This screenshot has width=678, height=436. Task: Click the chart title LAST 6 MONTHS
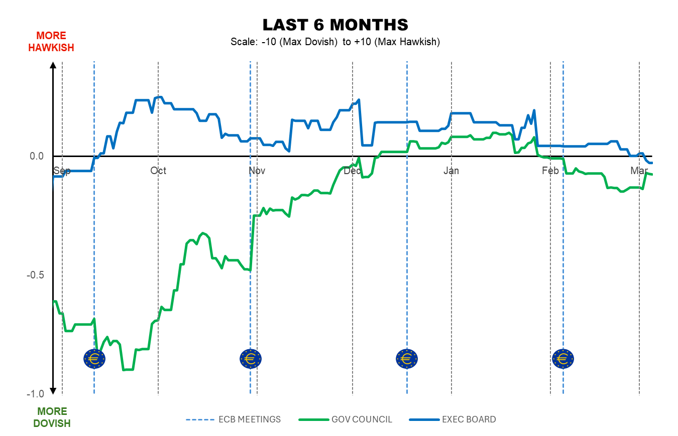click(x=335, y=25)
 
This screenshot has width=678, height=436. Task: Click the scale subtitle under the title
click(x=335, y=42)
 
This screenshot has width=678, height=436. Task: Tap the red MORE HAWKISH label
click(x=51, y=42)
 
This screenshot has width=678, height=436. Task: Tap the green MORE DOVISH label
click(x=52, y=417)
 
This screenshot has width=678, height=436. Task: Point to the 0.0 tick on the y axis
click(x=37, y=157)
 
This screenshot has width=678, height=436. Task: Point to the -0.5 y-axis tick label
click(x=36, y=275)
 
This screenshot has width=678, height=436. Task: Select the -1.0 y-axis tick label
click(x=36, y=394)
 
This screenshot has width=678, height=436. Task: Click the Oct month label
click(x=158, y=171)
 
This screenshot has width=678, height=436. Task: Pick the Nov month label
click(x=257, y=171)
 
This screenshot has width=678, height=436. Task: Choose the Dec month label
click(x=353, y=171)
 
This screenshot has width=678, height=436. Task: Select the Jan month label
click(x=451, y=171)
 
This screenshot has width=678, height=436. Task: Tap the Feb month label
click(x=550, y=171)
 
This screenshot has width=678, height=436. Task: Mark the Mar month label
click(x=639, y=171)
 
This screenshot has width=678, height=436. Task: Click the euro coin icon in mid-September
click(x=94, y=359)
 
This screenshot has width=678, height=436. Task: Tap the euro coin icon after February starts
click(x=563, y=359)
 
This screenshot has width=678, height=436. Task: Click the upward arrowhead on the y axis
click(x=53, y=65)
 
